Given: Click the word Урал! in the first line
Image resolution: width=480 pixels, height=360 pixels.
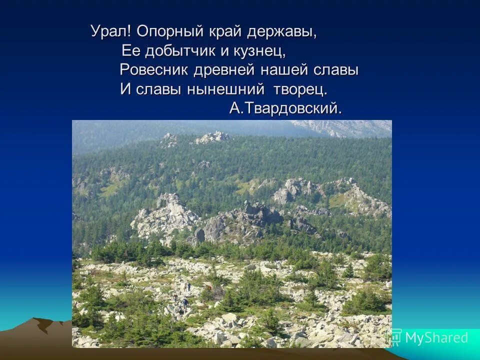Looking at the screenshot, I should (111, 31).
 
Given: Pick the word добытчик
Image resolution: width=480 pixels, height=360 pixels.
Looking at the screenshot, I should (183, 51).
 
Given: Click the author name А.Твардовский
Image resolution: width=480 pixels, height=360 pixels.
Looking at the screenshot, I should (286, 108).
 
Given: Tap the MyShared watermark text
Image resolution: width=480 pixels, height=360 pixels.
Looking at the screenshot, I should (436, 338).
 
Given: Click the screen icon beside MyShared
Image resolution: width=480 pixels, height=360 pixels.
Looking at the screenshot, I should (394, 337).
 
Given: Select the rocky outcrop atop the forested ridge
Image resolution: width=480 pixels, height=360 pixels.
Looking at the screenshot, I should (212, 136).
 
